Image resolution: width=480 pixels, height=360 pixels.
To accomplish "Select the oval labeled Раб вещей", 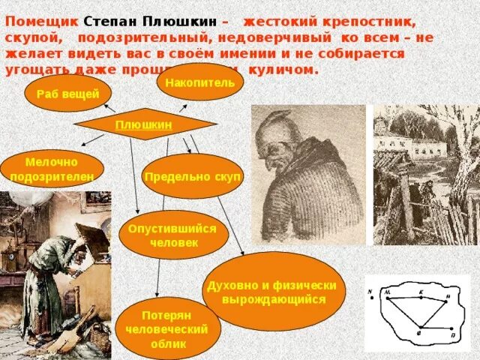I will [x=67, y=93].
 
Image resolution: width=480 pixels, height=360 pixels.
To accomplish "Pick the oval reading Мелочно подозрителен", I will [x=52, y=169].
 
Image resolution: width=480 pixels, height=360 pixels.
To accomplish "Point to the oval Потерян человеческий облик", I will [x=157, y=328].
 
